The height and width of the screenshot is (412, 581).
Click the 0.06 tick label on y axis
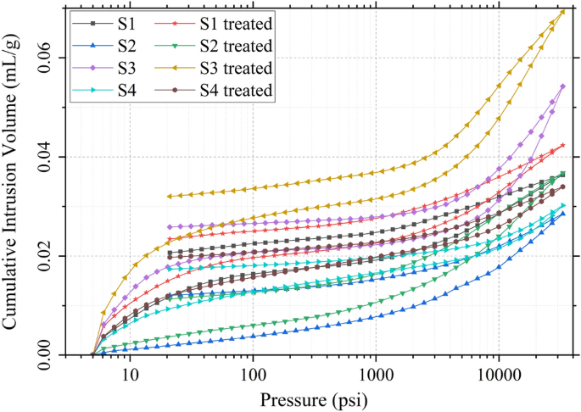[43, 58]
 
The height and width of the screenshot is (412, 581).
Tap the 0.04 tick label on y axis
[43, 157]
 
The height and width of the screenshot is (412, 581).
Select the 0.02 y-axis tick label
[43, 256]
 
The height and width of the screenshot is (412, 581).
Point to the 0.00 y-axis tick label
[43, 355]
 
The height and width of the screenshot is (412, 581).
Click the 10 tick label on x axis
[130, 374]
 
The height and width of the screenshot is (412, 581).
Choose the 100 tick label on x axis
[253, 374]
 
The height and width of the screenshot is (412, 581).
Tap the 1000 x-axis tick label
[376, 374]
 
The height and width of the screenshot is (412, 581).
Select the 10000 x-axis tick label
[498, 374]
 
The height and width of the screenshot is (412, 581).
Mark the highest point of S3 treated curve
[561, 11]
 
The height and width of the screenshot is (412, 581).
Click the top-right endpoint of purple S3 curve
[562, 86]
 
